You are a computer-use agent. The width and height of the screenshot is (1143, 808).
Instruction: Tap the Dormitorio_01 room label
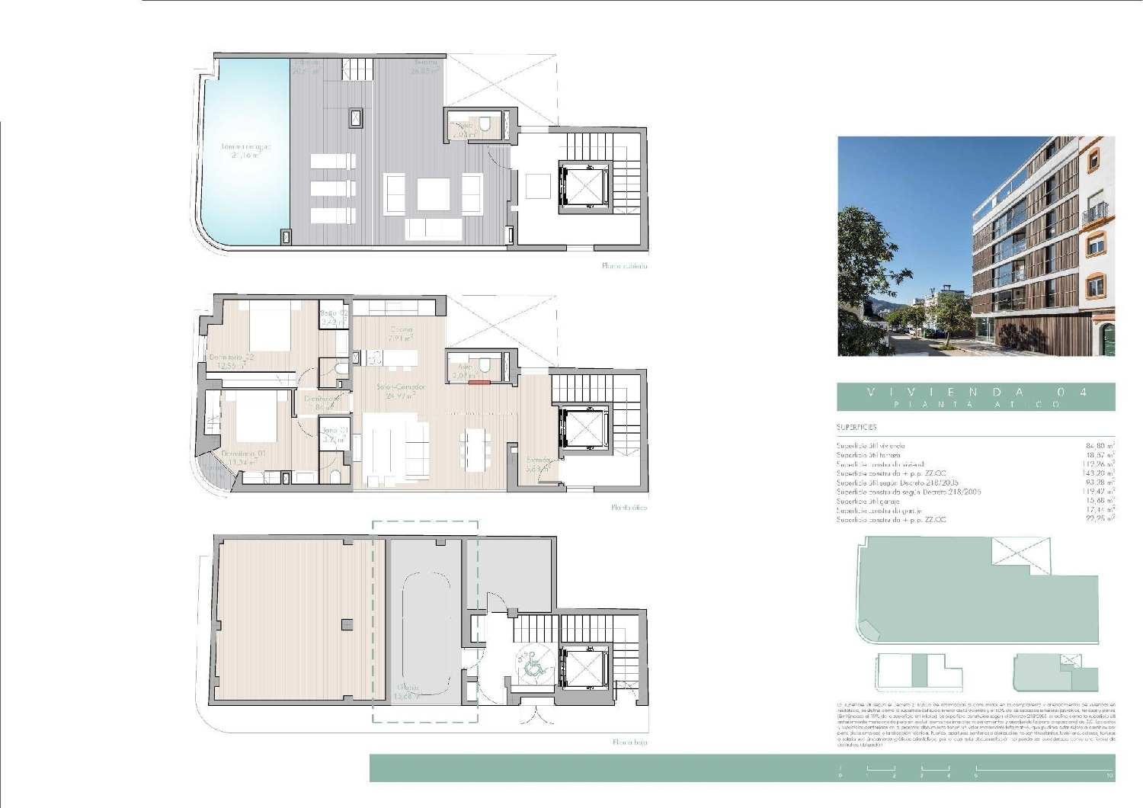(x=243, y=454)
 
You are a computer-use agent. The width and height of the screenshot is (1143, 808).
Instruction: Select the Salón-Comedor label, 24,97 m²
(x=400, y=387)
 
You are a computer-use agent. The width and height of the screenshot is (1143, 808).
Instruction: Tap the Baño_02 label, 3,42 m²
(x=334, y=313)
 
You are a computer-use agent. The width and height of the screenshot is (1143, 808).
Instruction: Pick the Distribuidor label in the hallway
(x=321, y=399)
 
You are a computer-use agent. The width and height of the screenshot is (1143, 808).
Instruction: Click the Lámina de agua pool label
(x=245, y=146)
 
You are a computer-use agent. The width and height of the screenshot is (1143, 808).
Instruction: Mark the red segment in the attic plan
(x=479, y=383)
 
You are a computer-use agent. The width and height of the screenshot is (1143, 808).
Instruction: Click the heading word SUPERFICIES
(x=856, y=428)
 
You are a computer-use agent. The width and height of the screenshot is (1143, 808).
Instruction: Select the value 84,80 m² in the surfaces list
(x=1100, y=446)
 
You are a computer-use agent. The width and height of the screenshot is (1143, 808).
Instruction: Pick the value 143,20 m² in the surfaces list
(x=1098, y=473)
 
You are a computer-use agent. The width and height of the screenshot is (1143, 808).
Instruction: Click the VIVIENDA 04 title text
(x=976, y=392)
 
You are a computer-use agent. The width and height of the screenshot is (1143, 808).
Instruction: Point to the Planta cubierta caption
(x=624, y=266)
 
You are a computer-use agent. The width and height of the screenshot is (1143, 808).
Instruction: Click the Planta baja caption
(x=629, y=742)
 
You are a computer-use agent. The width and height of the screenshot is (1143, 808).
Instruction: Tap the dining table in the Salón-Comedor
(x=474, y=450)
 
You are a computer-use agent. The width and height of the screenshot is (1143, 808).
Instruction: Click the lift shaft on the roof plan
(x=584, y=187)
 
